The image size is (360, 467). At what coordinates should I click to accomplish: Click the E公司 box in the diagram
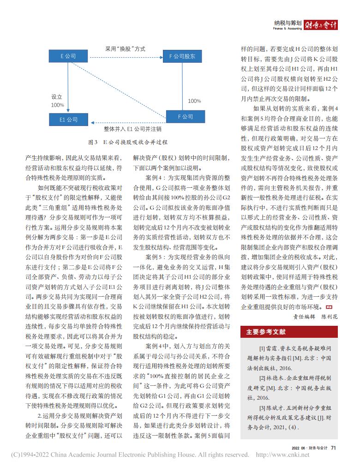68,56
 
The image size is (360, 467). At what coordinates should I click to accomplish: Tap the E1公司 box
68,120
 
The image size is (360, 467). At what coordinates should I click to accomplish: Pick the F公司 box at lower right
186,117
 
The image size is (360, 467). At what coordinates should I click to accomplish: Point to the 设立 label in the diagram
57,97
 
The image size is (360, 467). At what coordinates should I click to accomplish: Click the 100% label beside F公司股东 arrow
194,101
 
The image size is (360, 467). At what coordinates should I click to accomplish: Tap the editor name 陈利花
330,317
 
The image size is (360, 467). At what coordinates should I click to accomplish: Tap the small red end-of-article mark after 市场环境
329,306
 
